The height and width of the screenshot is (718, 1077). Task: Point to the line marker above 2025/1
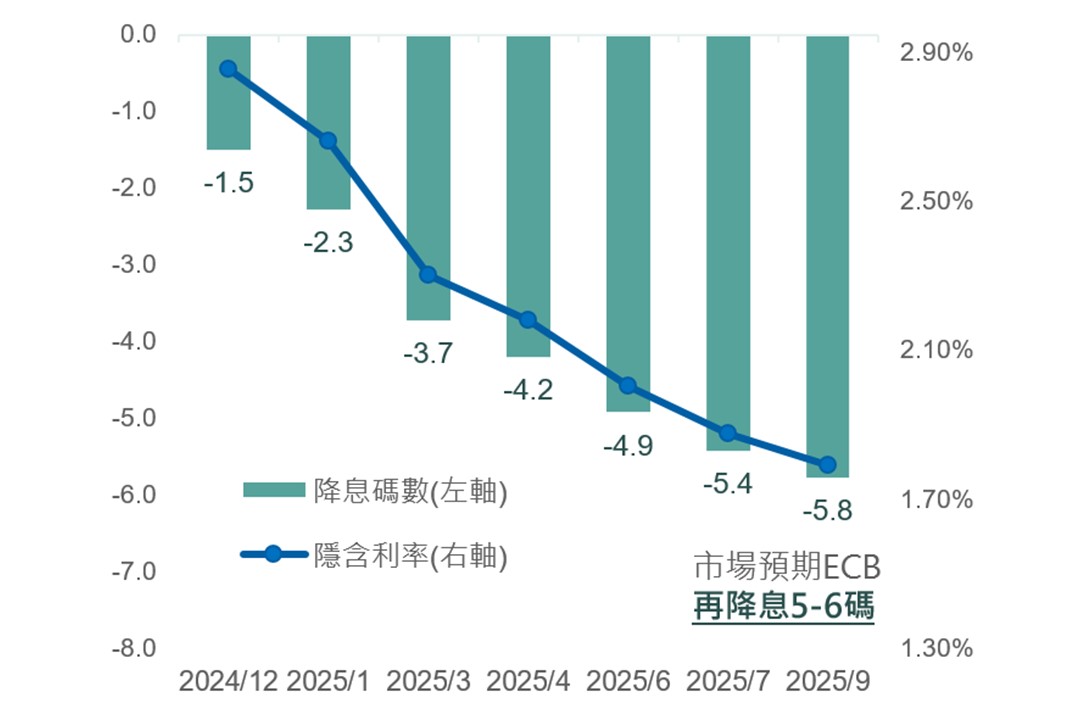pos(328,140)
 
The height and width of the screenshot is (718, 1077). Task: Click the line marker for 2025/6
pos(628,386)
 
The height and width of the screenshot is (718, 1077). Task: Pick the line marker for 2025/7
pos(728,433)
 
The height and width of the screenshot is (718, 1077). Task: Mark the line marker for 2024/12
pos(228,69)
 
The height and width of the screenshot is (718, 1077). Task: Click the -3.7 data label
pos(428,352)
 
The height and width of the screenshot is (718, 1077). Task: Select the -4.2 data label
pos(528,390)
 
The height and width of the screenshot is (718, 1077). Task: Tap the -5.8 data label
pos(827,512)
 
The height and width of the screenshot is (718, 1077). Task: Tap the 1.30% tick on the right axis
pos(936,649)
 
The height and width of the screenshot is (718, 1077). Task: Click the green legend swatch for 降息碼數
pos(273,489)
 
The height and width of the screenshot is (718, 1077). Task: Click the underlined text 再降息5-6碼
pos(783,606)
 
